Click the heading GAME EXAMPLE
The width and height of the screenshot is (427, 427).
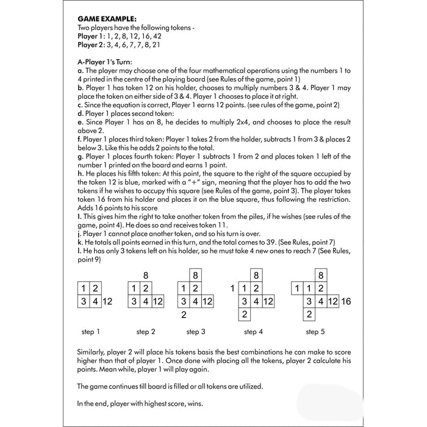pos(102,19)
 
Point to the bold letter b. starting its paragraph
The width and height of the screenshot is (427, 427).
pos(80,88)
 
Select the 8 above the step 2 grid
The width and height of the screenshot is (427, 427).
pos(146,275)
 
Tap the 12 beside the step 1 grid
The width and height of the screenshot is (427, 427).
pos(107,301)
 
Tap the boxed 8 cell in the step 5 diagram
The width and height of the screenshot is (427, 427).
pos(321,275)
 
